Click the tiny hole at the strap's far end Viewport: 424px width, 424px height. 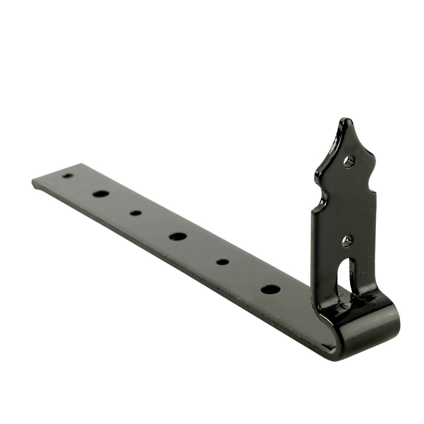pyautogui.click(x=67, y=176)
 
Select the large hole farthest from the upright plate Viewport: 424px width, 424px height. pyautogui.click(x=101, y=194)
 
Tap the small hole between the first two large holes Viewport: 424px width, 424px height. pyautogui.click(x=135, y=213)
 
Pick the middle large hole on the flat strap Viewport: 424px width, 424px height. pyautogui.click(x=178, y=236)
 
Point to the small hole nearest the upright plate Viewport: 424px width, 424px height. pyautogui.click(x=223, y=262)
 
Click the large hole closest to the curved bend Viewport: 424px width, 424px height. pyautogui.click(x=271, y=289)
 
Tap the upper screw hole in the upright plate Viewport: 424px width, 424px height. pyautogui.click(x=348, y=161)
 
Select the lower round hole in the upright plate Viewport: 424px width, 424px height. pyautogui.click(x=348, y=241)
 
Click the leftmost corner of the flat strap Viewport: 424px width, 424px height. pyautogui.click(x=33, y=182)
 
